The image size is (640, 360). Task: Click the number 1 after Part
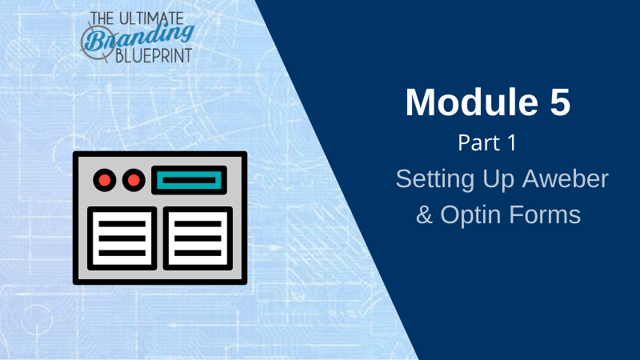tap(512, 143)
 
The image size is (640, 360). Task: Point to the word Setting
tap(435, 179)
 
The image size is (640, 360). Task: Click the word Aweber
tap(566, 178)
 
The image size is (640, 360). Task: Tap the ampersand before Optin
tap(425, 214)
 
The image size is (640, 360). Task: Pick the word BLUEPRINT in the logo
tap(154, 56)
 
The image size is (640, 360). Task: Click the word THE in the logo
tap(102, 18)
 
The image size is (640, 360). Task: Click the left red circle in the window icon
tap(105, 180)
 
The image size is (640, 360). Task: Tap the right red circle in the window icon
tap(134, 180)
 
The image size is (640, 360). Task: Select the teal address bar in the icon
tap(189, 180)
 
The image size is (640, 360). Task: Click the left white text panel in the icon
tap(122, 238)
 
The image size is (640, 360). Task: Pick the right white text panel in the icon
tap(198, 238)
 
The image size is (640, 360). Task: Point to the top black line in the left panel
tap(122, 224)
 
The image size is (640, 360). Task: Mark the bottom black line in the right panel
tap(198, 253)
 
